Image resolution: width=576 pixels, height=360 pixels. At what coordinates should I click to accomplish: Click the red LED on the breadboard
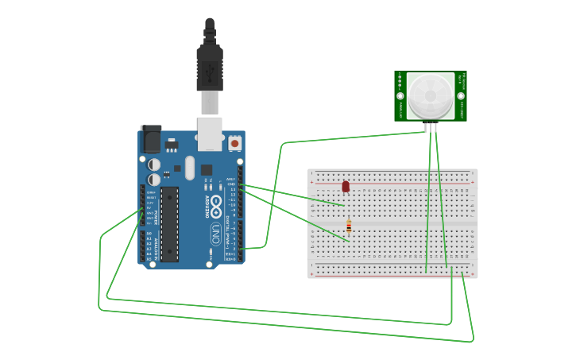click(x=346, y=187)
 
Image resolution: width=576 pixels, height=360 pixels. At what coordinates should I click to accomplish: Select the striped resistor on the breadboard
click(x=349, y=227)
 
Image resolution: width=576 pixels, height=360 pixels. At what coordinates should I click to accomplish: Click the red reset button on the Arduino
click(x=234, y=143)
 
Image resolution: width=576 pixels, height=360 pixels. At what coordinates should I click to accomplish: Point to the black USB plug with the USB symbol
click(x=210, y=70)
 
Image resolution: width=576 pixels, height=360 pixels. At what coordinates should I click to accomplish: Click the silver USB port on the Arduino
click(x=210, y=134)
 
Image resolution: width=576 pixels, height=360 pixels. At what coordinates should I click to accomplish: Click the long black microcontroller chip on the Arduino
click(x=169, y=223)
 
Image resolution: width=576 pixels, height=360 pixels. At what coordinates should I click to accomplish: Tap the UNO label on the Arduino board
click(x=215, y=234)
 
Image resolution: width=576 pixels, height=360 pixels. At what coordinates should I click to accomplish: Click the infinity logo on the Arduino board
click(x=216, y=203)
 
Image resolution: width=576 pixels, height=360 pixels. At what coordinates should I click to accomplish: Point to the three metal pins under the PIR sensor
click(x=431, y=127)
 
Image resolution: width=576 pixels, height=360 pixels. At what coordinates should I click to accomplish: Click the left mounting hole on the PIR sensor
click(x=400, y=96)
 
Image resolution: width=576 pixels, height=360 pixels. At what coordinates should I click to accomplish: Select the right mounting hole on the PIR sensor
click(x=462, y=96)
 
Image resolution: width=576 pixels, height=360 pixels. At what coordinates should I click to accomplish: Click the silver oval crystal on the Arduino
click(x=189, y=168)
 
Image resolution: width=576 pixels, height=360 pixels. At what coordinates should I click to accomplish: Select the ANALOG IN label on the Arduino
click(x=157, y=246)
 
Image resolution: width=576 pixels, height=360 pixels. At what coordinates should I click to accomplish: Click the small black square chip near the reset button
click(x=207, y=169)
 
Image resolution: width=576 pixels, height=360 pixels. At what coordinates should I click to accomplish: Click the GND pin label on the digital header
click(x=232, y=184)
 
